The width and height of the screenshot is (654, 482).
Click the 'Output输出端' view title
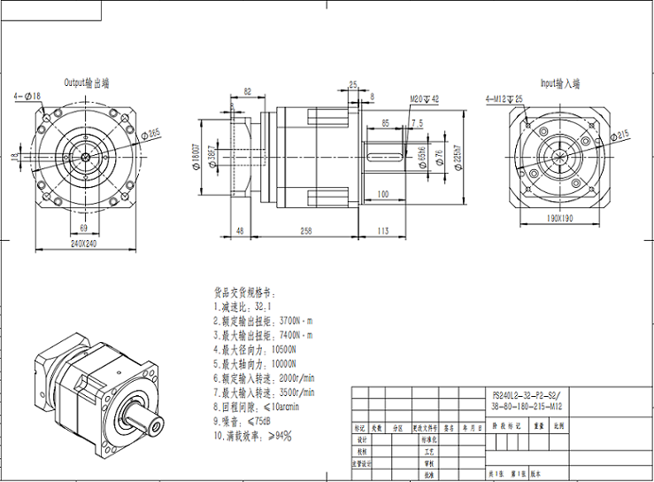pyautogui.click(x=86, y=82)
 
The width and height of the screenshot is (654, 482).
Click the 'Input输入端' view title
pyautogui.click(x=559, y=83)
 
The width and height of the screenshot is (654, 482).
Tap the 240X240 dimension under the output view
pyautogui.click(x=85, y=243)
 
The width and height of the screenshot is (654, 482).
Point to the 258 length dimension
pyautogui.click(x=305, y=230)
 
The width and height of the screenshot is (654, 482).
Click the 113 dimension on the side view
pyautogui.click(x=382, y=230)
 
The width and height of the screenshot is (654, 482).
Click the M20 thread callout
pyautogui.click(x=424, y=99)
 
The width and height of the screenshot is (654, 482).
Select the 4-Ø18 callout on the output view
pyautogui.click(x=27, y=95)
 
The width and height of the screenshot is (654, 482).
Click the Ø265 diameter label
pyautogui.click(x=153, y=133)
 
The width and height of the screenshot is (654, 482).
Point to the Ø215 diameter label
pyautogui.click(x=622, y=135)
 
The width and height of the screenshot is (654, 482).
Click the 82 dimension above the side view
pyautogui.click(x=247, y=91)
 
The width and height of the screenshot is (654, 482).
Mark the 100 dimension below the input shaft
pyautogui.click(x=382, y=193)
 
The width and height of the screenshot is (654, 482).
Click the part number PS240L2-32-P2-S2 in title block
pyautogui.click(x=526, y=394)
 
